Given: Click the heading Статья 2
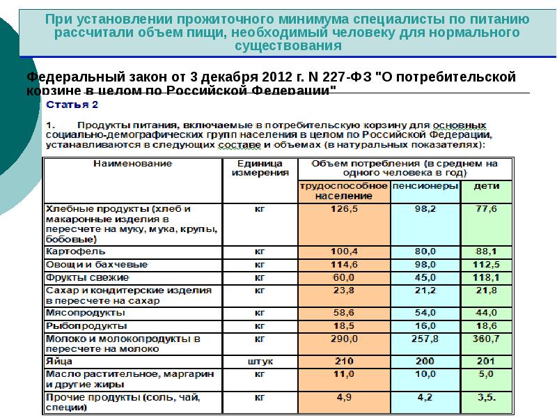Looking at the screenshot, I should tap(72, 105).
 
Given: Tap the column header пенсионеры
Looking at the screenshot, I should tap(425, 187).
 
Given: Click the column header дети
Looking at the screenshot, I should tap(485, 187).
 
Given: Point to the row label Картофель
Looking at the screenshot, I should tap(76, 251).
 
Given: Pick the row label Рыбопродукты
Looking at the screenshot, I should tap(86, 325).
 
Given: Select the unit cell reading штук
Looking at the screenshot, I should tap(259, 362).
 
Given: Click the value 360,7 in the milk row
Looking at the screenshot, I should tap(485, 339).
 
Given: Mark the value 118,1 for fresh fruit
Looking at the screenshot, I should tap(485, 277).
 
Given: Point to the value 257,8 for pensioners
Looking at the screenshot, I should tap(425, 339).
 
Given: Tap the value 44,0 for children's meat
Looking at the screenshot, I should tap(485, 313).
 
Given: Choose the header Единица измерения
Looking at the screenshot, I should tap(259, 168).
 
